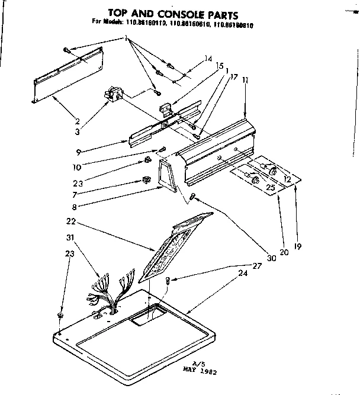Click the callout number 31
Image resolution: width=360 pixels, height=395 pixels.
(70, 239)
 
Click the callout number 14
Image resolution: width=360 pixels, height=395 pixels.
(207, 59)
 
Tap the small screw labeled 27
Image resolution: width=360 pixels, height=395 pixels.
(168, 282)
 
